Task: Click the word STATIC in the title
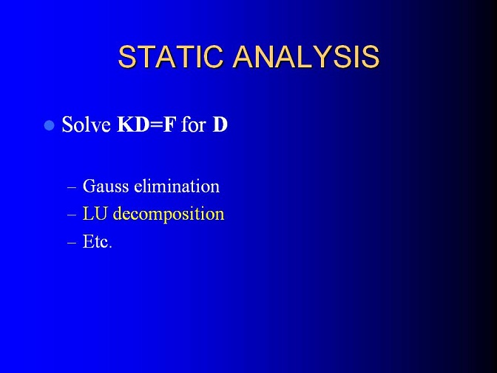click(x=170, y=56)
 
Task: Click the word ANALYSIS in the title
click(x=306, y=56)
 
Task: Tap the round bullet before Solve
click(x=49, y=125)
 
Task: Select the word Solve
click(x=86, y=124)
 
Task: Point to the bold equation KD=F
click(x=146, y=124)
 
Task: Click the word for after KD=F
click(x=194, y=124)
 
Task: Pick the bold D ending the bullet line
click(x=220, y=124)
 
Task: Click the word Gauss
click(x=106, y=186)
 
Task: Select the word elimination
click(x=177, y=186)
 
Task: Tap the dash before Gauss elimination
click(x=72, y=187)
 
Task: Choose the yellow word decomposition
click(x=169, y=215)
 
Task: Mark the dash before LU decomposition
click(x=72, y=215)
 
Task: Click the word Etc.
click(x=98, y=242)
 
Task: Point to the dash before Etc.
click(x=72, y=243)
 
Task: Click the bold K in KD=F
click(x=125, y=124)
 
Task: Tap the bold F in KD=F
click(x=169, y=124)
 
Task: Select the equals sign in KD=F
click(x=157, y=125)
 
